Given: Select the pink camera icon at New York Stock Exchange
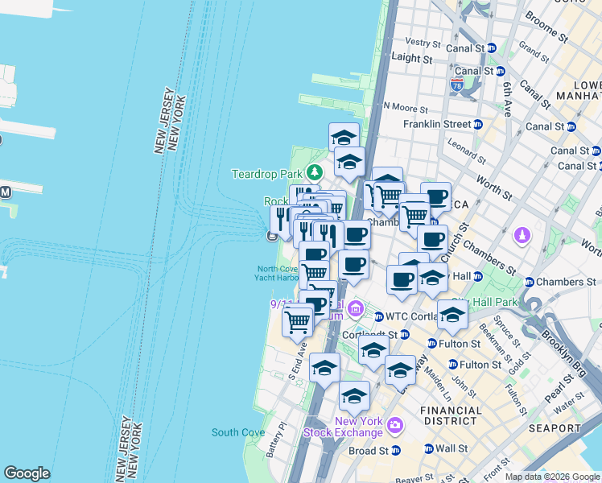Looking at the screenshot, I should pos(394,425).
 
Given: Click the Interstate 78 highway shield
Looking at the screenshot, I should pos(456,84).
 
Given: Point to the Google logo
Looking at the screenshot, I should pos(27,473).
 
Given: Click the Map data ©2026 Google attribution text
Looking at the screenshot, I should pos(551,477).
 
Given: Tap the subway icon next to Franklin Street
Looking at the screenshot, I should pos(478,124).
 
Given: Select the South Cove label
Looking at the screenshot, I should pos(238,432).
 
